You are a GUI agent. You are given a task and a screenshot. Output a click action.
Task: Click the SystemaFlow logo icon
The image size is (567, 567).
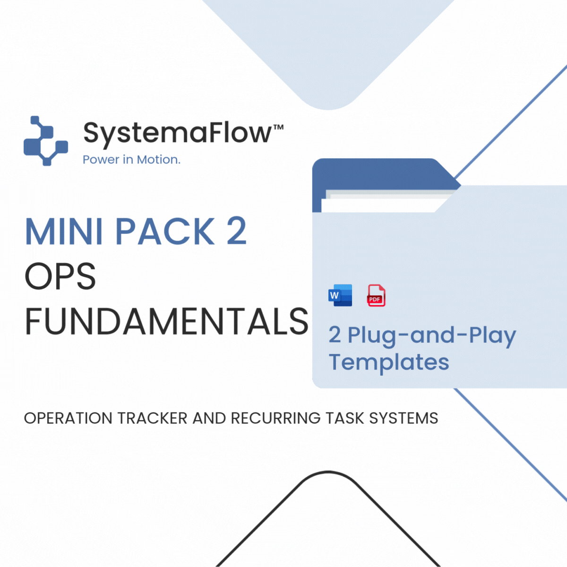(x=46, y=141)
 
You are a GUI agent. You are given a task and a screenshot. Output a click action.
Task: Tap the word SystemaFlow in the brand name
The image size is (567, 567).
(x=178, y=134)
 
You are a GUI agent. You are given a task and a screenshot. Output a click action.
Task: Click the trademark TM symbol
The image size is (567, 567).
(x=278, y=127)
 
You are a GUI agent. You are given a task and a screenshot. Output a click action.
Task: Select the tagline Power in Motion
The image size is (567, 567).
(x=131, y=160)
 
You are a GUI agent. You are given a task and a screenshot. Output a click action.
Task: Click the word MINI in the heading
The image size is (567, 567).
(x=64, y=231)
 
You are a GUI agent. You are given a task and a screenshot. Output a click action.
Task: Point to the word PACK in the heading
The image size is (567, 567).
(x=165, y=231)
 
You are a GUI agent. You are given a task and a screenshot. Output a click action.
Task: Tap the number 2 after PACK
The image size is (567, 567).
(x=237, y=231)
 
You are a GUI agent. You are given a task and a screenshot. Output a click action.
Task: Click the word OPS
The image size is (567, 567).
(x=60, y=276)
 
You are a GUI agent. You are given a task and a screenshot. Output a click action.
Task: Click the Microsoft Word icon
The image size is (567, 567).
(x=340, y=295)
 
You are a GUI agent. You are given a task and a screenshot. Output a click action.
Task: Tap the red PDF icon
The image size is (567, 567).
(x=376, y=295)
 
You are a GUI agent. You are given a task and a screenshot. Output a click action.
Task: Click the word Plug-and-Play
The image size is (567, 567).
(x=432, y=336)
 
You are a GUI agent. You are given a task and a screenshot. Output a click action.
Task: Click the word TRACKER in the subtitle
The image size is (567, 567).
(x=153, y=419)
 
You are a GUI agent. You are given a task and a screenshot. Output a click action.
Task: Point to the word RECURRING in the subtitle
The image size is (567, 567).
(x=275, y=419)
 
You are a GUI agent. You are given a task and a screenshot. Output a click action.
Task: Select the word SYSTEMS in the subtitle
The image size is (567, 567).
(x=404, y=419)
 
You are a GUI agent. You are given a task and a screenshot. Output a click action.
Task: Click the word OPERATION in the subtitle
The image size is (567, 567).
(x=68, y=419)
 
